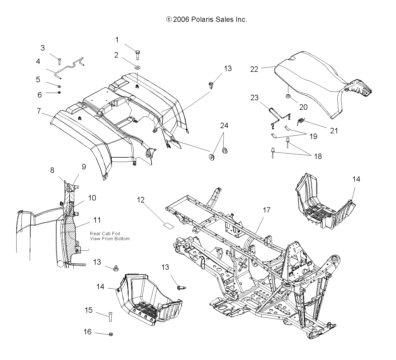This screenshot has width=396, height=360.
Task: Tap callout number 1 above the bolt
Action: click(x=117, y=40)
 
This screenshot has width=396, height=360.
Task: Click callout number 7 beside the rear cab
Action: click(x=39, y=111)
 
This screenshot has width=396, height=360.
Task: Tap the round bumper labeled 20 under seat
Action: click(x=288, y=96)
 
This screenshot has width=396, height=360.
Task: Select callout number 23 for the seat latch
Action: click(x=254, y=98)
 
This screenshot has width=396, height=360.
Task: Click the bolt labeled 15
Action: click(x=111, y=316)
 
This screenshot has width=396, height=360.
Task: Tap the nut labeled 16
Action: click(x=111, y=334)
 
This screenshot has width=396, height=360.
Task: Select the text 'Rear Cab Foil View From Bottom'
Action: click(x=110, y=236)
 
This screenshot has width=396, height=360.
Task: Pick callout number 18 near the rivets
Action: click(x=318, y=156)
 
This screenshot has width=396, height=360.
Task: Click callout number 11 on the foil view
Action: click(x=97, y=220)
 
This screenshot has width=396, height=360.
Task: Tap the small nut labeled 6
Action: click(x=59, y=92)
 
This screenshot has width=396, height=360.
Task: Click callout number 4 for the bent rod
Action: click(x=38, y=61)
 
